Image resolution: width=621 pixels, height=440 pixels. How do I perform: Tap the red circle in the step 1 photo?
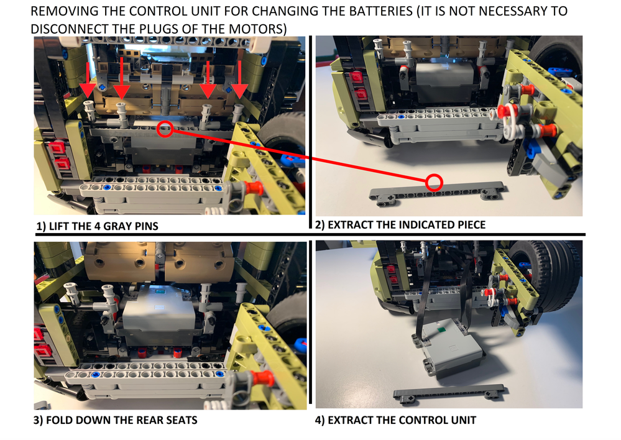tap(165, 129)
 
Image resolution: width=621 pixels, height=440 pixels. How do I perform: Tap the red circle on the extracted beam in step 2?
tap(434, 183)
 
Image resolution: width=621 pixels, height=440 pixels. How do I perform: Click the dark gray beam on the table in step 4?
tap(449, 393)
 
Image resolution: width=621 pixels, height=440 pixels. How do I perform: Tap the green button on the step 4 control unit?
tap(440, 328)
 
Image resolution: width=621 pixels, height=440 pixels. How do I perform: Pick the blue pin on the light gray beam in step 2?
tap(401, 117)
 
